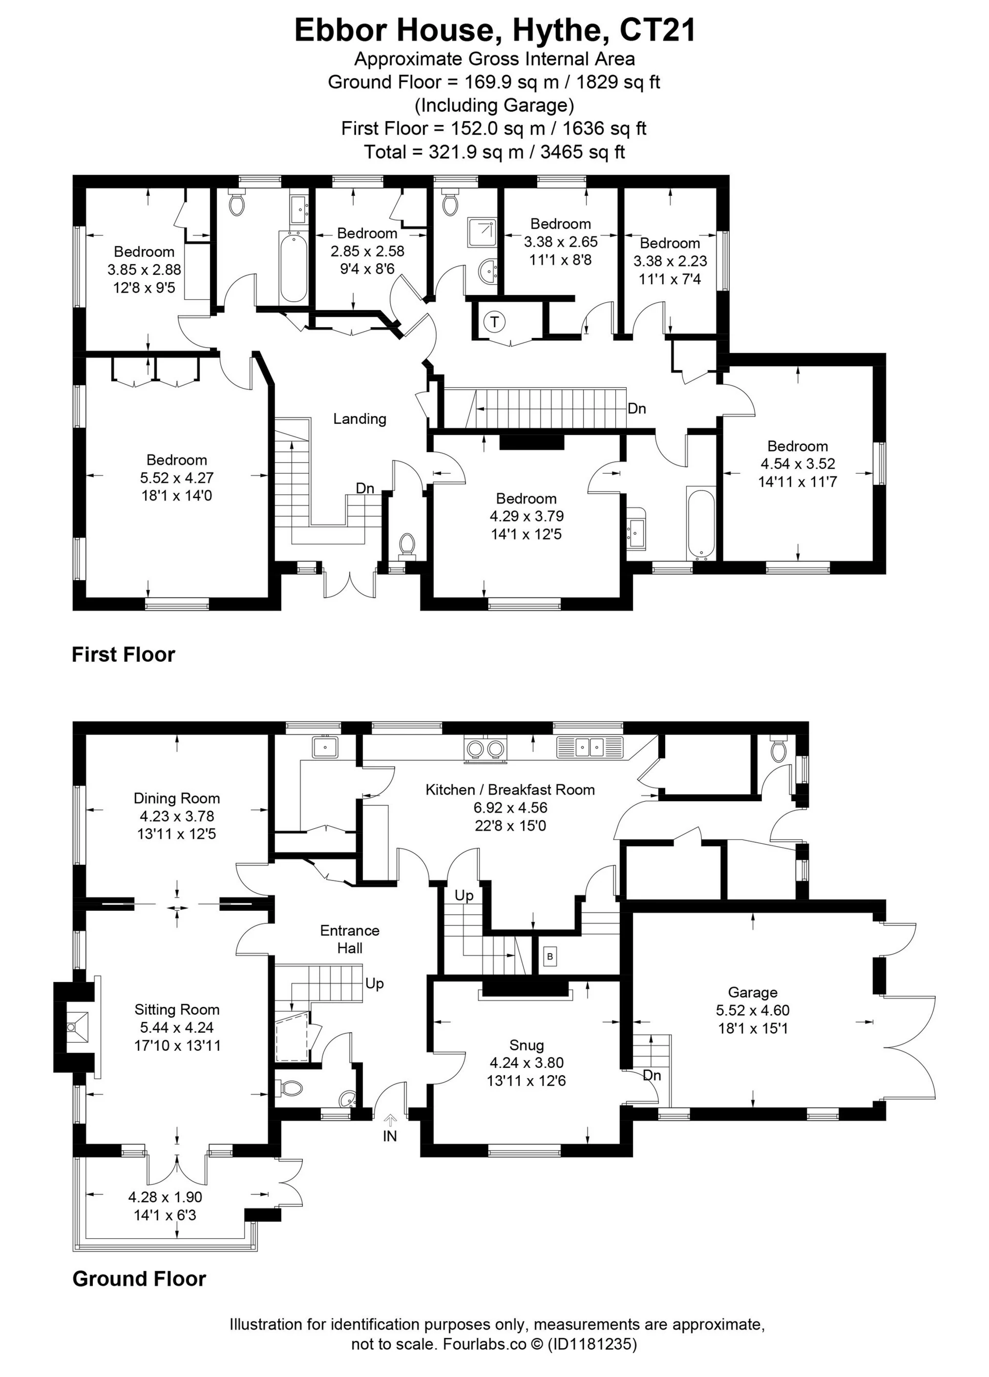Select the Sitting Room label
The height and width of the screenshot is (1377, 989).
pos(177,1010)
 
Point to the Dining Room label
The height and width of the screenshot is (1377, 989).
pos(177,798)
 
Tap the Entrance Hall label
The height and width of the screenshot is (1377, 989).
pos(350,939)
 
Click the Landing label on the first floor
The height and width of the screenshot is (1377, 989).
pos(359,418)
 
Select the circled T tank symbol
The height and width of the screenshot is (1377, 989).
pos(495,322)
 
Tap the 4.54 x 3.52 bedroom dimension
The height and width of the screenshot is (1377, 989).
pos(798,464)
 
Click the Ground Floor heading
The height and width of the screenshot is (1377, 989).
pos(139,1279)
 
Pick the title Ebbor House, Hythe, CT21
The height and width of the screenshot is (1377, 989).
pos(495,30)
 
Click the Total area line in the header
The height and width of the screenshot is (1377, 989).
pos(494,151)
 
